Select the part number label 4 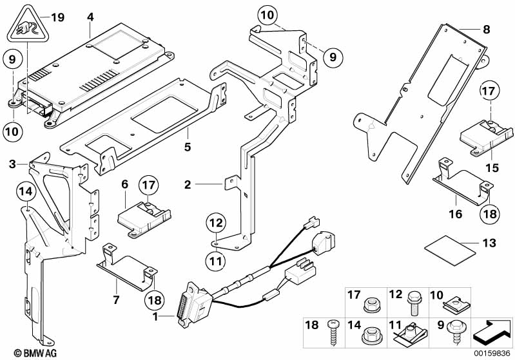point(90,17)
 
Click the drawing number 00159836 point(493,353)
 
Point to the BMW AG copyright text point(22,353)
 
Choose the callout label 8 point(487,29)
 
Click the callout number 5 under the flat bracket point(187,147)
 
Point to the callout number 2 point(188,185)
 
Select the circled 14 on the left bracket point(24,191)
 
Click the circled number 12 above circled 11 point(215,223)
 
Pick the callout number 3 point(12,166)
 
